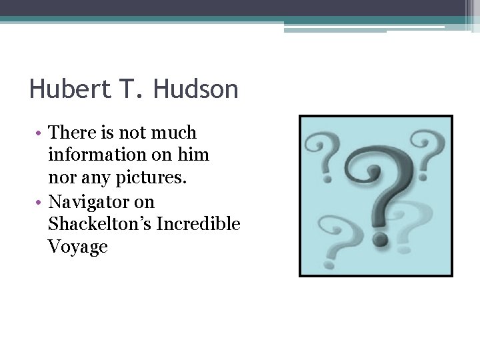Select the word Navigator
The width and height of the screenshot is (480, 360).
[x=102, y=202]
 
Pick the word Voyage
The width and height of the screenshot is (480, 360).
[x=78, y=247]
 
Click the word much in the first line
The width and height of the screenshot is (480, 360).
[x=175, y=133]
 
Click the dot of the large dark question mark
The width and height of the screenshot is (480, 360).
[x=381, y=238]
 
